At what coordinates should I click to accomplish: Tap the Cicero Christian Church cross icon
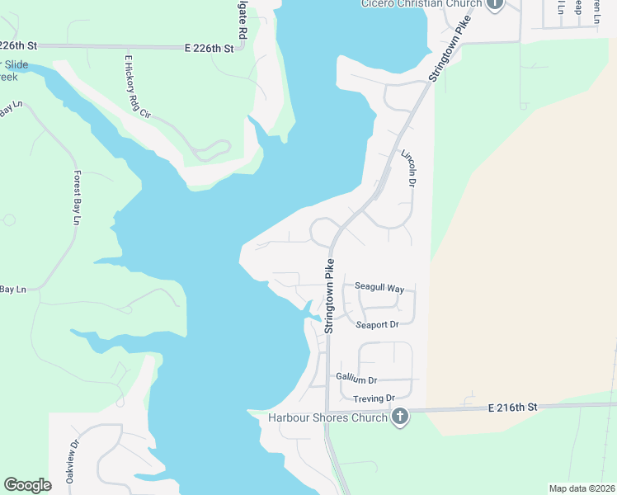tap(494, 4)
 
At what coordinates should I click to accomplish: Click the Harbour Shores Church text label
tap(327, 417)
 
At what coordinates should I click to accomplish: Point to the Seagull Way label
tap(379, 288)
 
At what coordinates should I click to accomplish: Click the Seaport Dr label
tap(377, 325)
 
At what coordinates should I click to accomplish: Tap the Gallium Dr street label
tap(356, 379)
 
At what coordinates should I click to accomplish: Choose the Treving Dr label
tap(374, 398)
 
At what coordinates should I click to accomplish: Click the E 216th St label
tap(512, 408)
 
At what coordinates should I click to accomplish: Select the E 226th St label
tap(210, 49)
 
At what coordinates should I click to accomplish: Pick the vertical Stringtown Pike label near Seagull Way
tap(329, 296)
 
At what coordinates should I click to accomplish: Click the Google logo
tap(27, 485)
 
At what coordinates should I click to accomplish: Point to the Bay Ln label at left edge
tap(13, 290)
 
